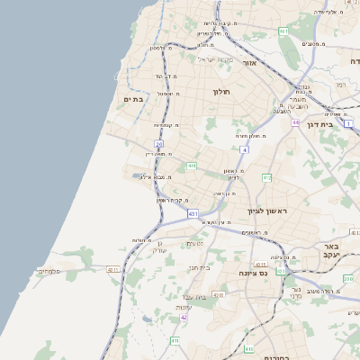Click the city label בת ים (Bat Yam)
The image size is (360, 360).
(x=132, y=99)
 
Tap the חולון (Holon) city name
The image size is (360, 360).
(x=222, y=92)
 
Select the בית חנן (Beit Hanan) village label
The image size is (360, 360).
(x=198, y=267)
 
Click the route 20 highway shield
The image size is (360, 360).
(x=159, y=143)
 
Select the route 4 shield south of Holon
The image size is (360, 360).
(x=244, y=149)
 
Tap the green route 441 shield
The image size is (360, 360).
(x=192, y=166)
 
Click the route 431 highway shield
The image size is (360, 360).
(x=193, y=213)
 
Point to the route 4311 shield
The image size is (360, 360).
(x=113, y=269)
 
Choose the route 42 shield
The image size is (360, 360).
(x=184, y=317)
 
